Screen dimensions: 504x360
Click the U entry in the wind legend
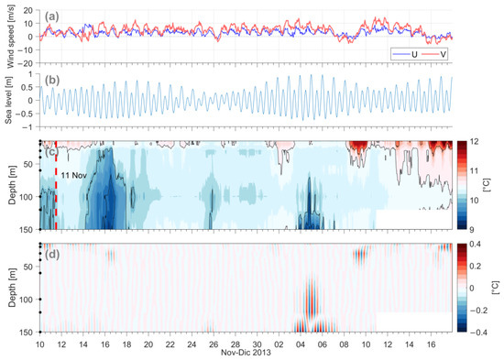(x=405, y=54)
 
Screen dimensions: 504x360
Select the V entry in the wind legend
(x=433, y=54)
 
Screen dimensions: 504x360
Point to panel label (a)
(x=51, y=16)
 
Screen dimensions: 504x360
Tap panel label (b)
(x=52, y=80)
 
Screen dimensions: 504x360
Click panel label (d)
(x=52, y=255)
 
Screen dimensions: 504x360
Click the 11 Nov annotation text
(x=74, y=176)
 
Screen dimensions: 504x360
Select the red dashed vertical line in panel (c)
(x=56, y=185)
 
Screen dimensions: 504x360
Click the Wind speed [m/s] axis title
(x=11, y=37)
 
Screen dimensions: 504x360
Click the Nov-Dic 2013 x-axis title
(x=246, y=353)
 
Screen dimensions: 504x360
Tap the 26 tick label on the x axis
(x=214, y=344)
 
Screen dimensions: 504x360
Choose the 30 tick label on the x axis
(x=257, y=344)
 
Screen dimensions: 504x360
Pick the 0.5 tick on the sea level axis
(x=28, y=87)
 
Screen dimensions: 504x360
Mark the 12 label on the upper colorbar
(x=474, y=141)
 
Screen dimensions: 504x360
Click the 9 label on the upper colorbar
(x=472, y=230)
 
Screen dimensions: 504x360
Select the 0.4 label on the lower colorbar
(x=476, y=244)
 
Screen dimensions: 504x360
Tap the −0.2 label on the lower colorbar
(x=477, y=311)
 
